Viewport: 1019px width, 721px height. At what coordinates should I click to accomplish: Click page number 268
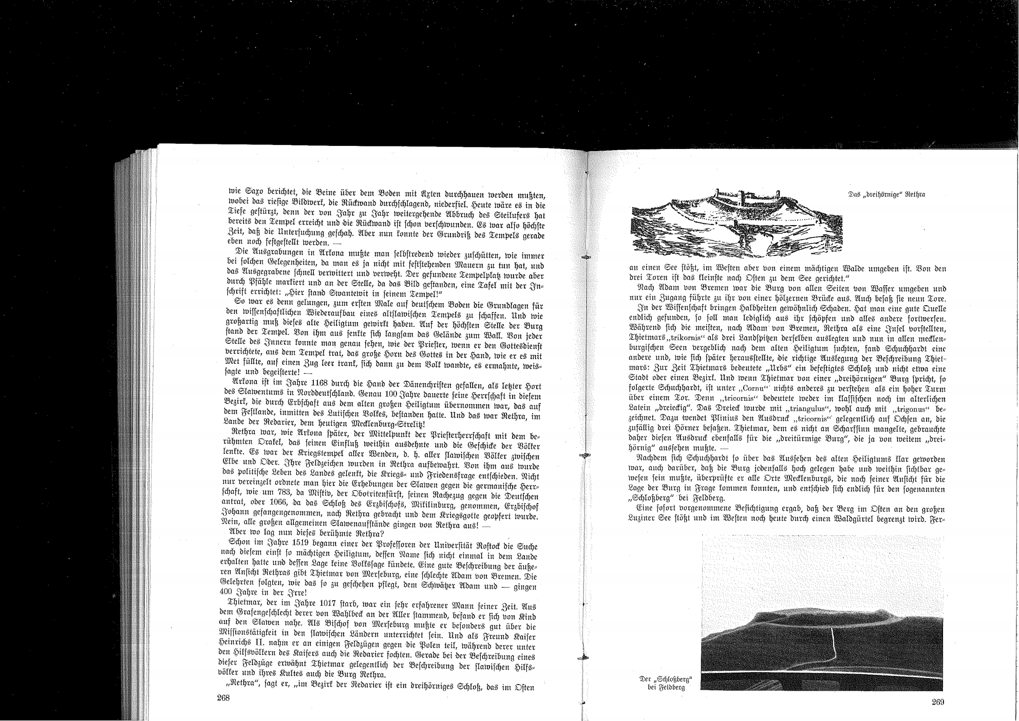pyautogui.click(x=223, y=697)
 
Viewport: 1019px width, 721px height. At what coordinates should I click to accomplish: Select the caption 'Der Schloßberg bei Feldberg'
pyautogui.click(x=666, y=683)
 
